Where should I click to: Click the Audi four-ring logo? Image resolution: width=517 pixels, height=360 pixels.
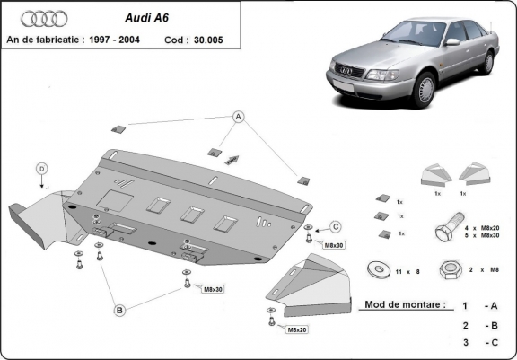(x=39, y=18)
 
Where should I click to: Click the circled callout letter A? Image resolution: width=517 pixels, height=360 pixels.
(x=239, y=117)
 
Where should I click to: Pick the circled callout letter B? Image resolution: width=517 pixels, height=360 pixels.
(x=118, y=311)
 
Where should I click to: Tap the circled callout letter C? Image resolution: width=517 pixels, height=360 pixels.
(x=336, y=225)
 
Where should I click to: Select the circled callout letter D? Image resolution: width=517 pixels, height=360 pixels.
(x=41, y=168)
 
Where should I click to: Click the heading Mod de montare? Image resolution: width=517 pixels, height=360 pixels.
(x=403, y=304)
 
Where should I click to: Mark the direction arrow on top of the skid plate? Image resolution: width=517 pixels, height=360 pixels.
(x=232, y=159)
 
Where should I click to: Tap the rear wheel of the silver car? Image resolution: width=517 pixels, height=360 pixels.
(x=488, y=62)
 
